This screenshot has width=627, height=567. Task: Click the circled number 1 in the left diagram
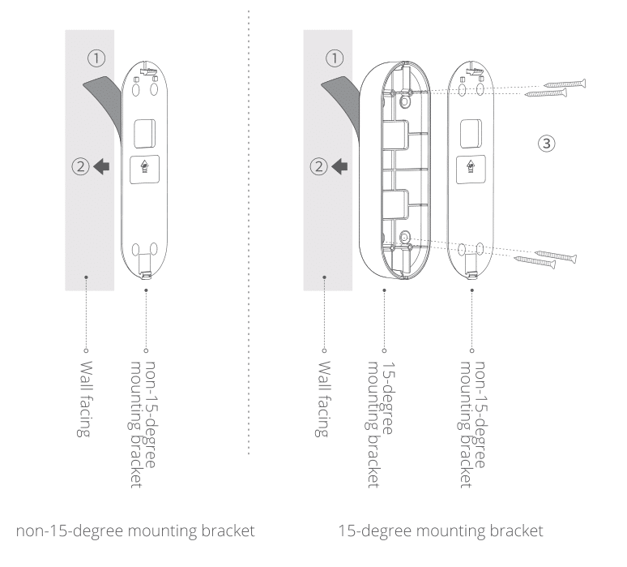click(96, 58)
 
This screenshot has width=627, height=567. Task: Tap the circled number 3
click(546, 143)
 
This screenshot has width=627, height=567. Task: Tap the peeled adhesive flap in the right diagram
click(339, 89)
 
